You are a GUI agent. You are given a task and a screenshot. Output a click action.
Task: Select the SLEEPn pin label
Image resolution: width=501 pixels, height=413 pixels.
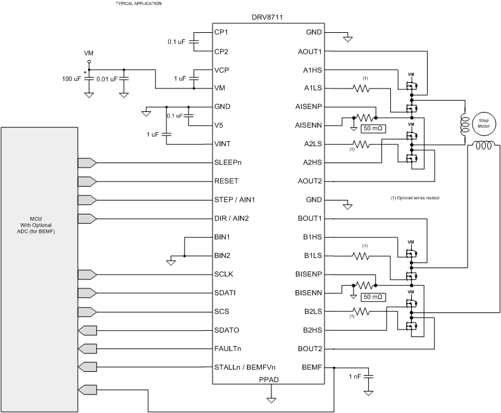click(228, 163)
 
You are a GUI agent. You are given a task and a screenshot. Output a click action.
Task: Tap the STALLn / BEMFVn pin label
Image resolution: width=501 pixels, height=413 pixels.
click(244, 367)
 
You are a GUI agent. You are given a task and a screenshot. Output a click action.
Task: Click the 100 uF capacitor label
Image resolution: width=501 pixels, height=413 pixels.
click(71, 78)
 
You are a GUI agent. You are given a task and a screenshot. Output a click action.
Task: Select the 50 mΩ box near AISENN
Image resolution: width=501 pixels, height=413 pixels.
click(373, 128)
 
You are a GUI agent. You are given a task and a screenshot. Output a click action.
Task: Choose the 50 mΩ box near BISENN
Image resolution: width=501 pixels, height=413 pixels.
click(373, 297)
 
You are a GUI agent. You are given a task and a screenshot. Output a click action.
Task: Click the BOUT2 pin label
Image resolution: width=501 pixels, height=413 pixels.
click(311, 348)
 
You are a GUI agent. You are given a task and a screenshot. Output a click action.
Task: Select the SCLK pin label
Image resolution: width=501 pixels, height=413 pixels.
click(225, 274)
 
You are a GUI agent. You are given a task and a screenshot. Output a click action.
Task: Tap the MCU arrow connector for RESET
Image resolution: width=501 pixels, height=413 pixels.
click(87, 181)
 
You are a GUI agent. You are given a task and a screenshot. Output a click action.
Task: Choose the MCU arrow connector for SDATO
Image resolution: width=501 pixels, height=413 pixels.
click(85, 330)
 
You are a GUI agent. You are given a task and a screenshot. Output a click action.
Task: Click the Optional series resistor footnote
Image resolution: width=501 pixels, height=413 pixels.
click(415, 199)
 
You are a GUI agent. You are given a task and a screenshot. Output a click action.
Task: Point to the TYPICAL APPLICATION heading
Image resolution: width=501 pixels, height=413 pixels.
click(138, 4)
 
